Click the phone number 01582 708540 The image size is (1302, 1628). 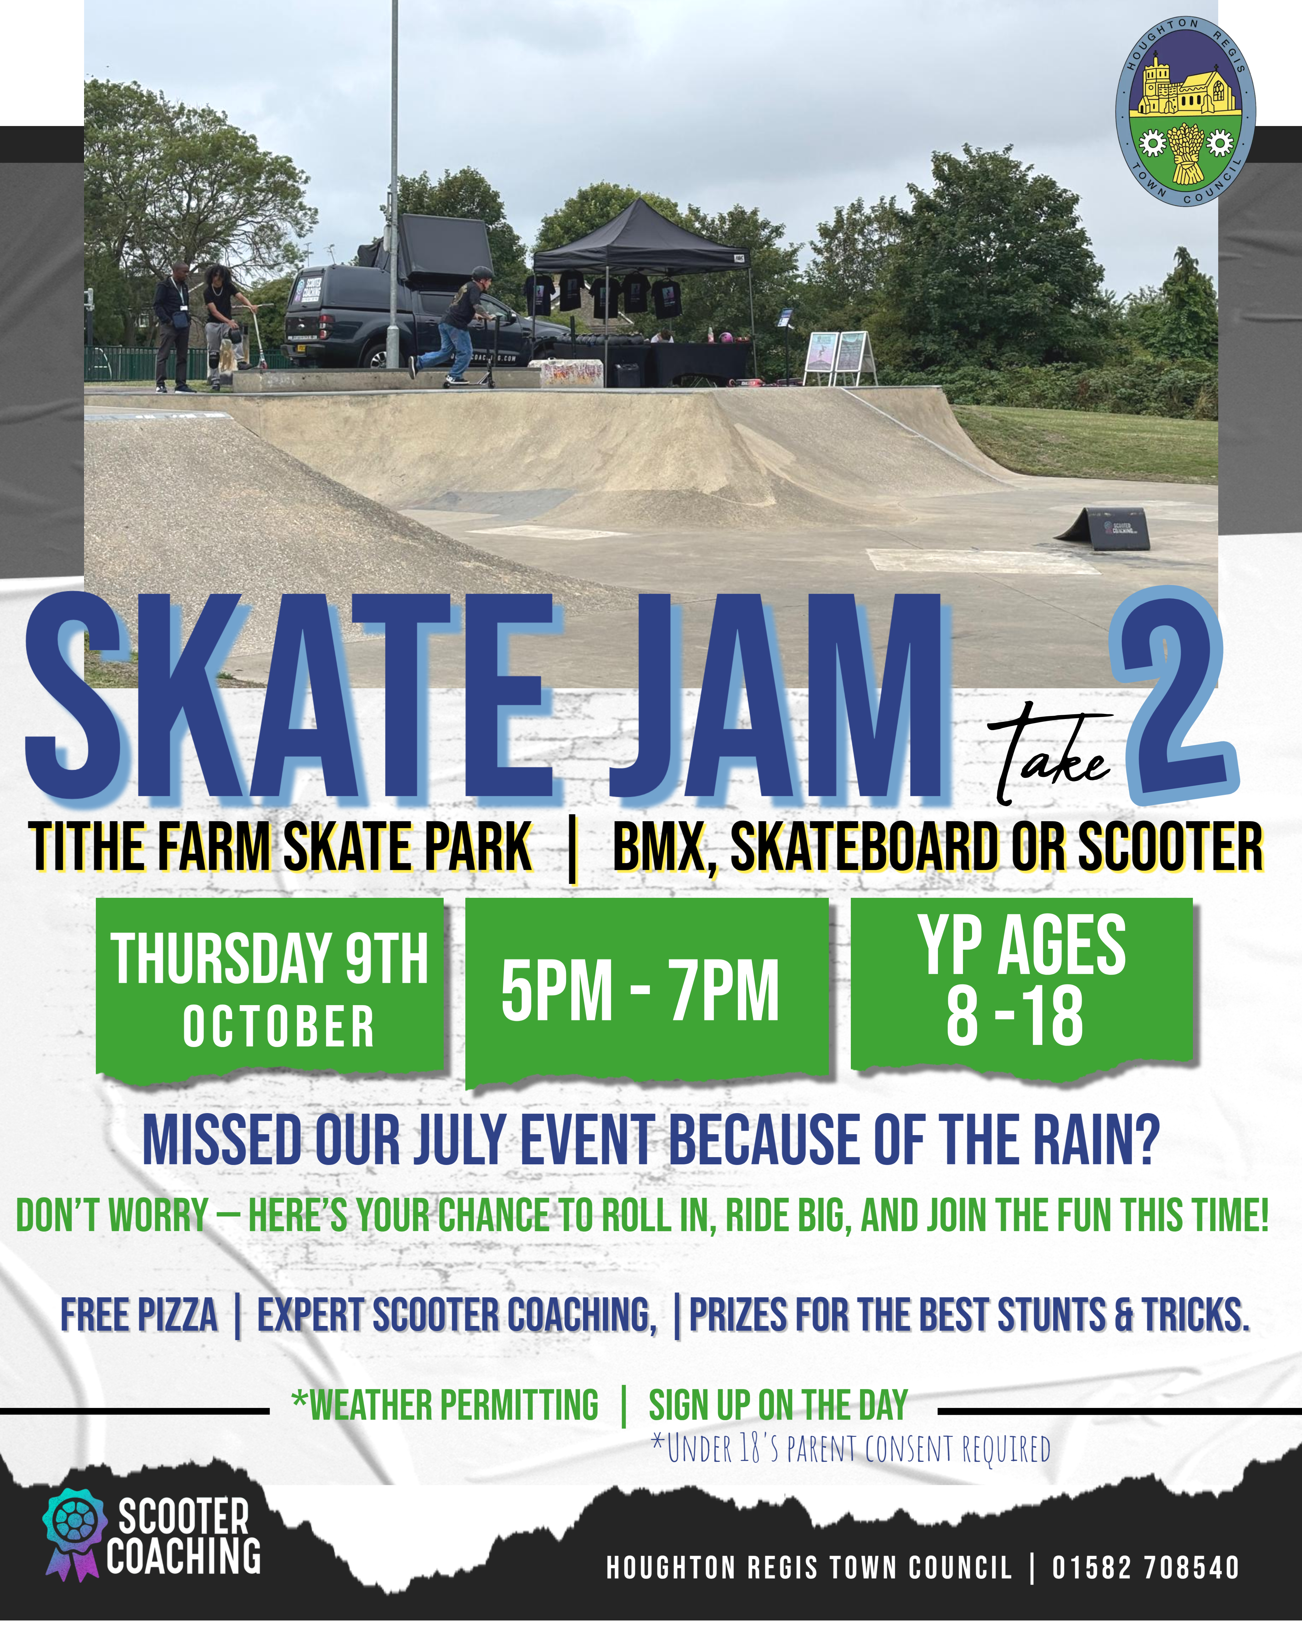(1146, 1568)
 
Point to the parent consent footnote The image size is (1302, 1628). (851, 1448)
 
